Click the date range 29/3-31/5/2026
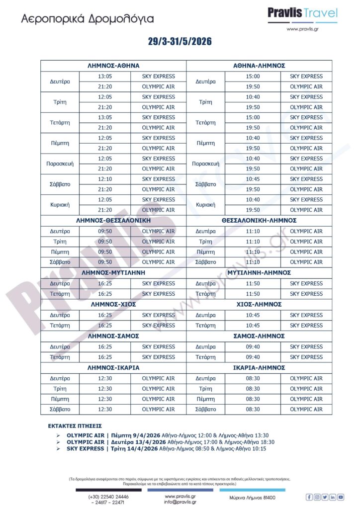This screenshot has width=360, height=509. [180, 42]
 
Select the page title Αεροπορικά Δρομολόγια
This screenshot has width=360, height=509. [88, 19]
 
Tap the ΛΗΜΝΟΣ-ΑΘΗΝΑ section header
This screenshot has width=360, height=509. [113, 66]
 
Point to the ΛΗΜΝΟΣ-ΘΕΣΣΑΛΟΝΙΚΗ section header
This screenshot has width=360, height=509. [113, 220]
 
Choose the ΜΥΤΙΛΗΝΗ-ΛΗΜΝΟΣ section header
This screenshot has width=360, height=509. [259, 273]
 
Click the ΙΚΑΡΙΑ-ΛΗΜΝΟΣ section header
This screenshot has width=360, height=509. [259, 368]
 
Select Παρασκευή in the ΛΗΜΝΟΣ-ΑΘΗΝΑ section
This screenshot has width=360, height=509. [60, 164]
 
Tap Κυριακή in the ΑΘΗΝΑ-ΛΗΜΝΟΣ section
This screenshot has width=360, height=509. [205, 205]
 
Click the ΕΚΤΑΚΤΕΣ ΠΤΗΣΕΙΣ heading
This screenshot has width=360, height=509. [75, 426]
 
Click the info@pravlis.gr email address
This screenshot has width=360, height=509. [180, 502]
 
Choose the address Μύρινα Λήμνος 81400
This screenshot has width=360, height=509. [252, 498]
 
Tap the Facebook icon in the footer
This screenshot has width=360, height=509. [309, 497]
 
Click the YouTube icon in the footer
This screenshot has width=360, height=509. [341, 497]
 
